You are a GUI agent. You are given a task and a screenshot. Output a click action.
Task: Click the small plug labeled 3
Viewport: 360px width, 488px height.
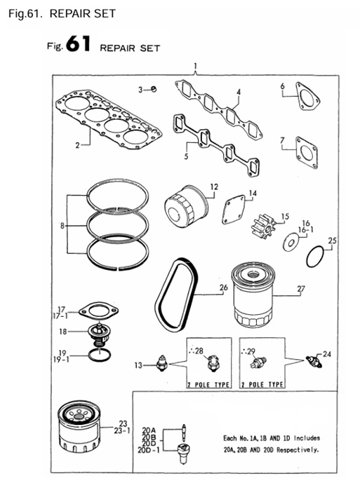pyautogui.click(x=155, y=89)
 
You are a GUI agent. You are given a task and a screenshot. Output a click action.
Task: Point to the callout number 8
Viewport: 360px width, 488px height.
pyautogui.click(x=63, y=226)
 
